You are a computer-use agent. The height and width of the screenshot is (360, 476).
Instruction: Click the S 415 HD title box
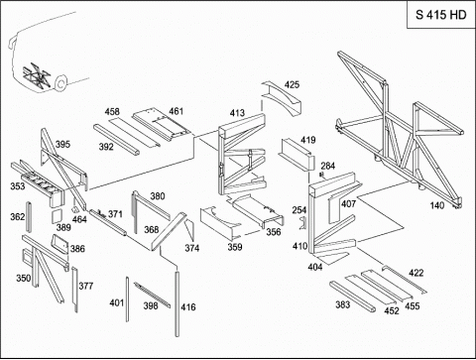coord(440,15)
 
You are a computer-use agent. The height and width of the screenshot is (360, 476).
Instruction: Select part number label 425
coord(292,84)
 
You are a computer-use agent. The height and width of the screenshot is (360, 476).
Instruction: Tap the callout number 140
coord(437,205)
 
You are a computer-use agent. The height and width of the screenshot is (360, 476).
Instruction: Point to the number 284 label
coord(328,166)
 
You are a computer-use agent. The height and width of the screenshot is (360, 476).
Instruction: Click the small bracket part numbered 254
coord(303,223)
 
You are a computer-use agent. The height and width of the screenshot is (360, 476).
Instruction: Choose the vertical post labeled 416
coord(178,303)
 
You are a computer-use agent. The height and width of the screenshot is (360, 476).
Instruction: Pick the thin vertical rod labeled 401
coord(127,300)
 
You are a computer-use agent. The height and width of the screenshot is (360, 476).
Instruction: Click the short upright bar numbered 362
coord(29,217)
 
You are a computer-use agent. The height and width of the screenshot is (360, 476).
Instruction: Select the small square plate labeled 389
coord(57,215)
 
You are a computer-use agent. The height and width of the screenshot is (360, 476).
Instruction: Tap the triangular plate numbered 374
coord(189,230)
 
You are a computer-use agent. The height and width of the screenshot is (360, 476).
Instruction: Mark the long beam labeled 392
coord(116,139)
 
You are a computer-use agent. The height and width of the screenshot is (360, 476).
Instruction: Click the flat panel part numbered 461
coord(161,126)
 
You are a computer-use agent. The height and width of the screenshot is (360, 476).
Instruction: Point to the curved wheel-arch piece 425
coord(282,98)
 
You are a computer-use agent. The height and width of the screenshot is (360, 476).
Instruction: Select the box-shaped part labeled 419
coord(297,154)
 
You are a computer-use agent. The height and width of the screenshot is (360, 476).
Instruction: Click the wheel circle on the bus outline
coord(60,83)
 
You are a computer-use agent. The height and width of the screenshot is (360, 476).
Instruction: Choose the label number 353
coord(18,186)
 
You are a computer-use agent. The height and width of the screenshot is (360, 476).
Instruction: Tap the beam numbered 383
coord(353,297)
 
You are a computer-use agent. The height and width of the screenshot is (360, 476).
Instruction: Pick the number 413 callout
coord(237,113)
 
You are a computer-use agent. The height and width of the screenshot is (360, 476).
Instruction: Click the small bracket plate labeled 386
coord(59,244)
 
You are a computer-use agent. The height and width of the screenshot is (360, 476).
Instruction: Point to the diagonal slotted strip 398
coord(153,295)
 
